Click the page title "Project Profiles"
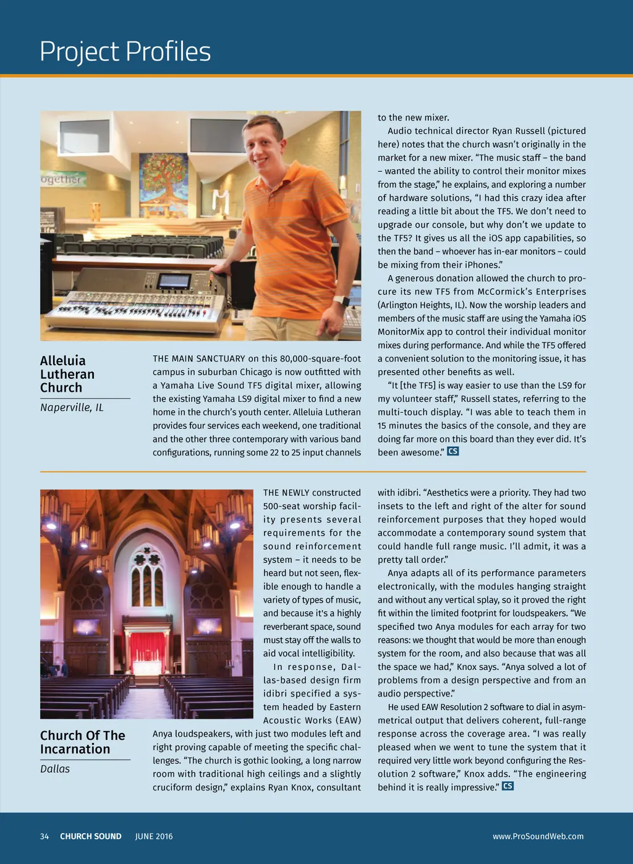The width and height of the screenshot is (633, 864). pos(125,51)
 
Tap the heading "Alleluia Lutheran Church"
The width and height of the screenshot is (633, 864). pos(67,374)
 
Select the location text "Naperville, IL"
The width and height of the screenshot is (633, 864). pos(72,407)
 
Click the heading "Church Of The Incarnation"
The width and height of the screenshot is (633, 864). pos(82,742)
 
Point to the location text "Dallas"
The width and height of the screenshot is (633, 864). pos(55,769)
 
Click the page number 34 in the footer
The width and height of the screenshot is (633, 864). pos(45,836)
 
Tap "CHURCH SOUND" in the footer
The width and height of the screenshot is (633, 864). pos(91,836)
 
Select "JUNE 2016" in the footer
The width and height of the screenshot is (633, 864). pos(154,836)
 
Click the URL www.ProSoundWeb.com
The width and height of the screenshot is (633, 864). pos(538,836)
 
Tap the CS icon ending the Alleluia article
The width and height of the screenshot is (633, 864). pos(453,451)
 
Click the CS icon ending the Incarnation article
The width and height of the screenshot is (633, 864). pos(508,786)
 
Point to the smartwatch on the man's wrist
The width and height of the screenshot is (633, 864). pos(341,302)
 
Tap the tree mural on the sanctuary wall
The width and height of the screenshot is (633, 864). pos(163,177)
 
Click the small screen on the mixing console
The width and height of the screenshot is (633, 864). pos(174,282)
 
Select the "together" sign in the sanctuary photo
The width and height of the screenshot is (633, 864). pos(62,179)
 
